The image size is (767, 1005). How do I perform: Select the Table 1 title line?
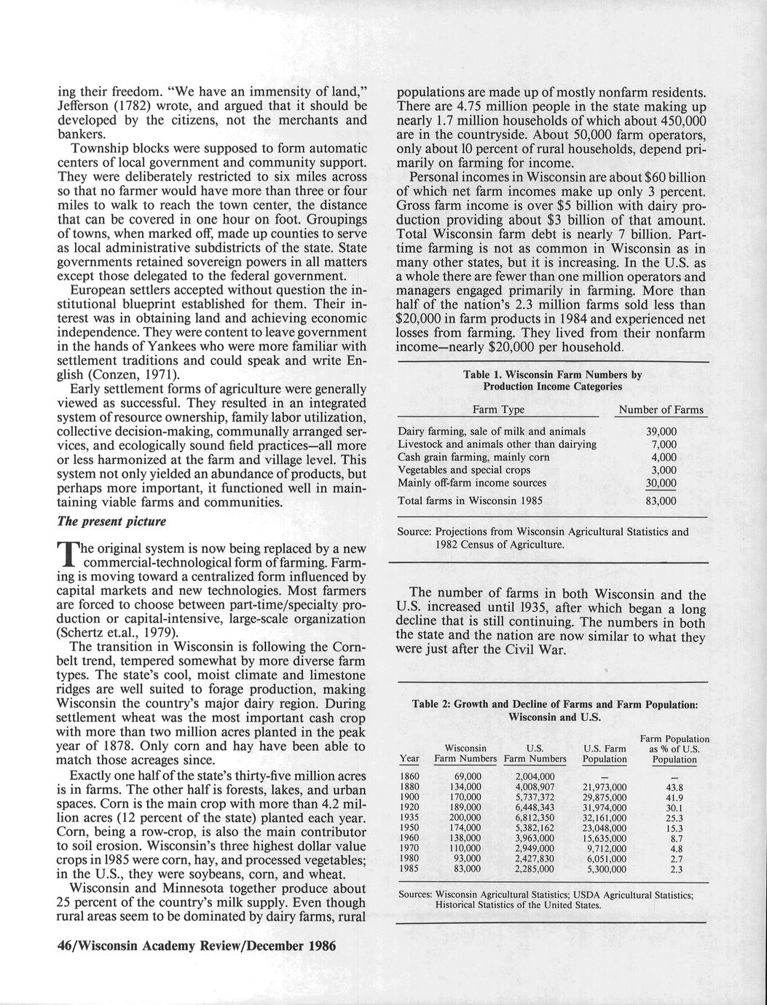552,375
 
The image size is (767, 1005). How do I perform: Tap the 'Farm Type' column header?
498,410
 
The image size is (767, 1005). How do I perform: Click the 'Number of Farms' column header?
661,410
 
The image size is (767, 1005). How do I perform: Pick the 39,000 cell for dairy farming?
661,431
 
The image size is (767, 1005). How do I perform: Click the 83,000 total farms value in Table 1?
661,501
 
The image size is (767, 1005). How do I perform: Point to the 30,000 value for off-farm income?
661,484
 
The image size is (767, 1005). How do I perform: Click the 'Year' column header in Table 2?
411,759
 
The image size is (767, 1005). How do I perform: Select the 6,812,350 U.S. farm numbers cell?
535,818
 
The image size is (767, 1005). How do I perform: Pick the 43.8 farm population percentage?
675,787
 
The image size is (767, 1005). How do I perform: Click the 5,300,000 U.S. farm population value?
605,869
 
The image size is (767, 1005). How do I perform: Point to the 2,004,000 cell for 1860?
535,777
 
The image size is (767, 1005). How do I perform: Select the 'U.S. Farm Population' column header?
605,754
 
